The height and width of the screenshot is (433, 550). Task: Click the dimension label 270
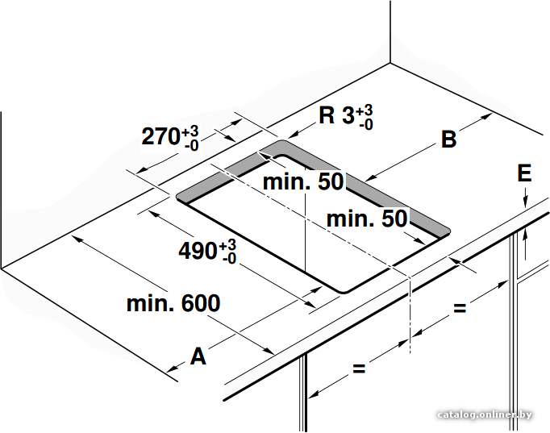(x=161, y=136)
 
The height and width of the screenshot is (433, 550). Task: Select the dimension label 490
(x=198, y=251)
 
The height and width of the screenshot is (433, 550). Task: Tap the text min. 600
(x=173, y=303)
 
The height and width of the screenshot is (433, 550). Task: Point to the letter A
(x=198, y=356)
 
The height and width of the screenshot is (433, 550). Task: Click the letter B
(x=448, y=139)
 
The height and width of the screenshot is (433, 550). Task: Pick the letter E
(x=524, y=173)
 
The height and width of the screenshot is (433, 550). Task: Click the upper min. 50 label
(x=303, y=181)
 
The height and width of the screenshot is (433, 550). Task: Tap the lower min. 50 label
(x=367, y=219)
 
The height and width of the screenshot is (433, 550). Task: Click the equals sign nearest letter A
(x=359, y=368)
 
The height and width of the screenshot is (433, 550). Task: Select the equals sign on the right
(x=460, y=308)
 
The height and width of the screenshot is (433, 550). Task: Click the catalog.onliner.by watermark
(x=485, y=414)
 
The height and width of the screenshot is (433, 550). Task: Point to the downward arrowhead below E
(x=525, y=203)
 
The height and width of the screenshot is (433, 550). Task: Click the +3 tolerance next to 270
(x=190, y=132)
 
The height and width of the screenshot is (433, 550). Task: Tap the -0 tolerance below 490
(x=229, y=259)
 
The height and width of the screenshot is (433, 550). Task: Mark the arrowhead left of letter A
(x=173, y=368)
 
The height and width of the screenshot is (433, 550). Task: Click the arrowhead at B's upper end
(x=485, y=117)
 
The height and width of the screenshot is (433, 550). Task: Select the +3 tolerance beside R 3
(x=365, y=110)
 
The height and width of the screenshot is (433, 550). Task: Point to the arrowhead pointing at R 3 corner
(x=294, y=134)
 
